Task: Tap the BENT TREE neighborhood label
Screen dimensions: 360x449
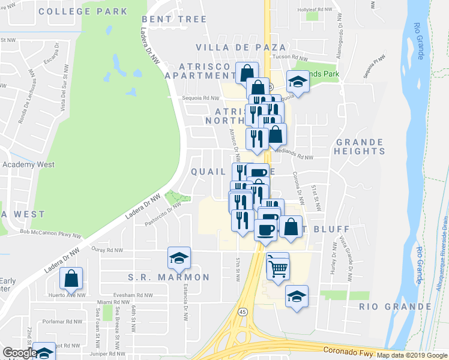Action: [x=175, y=20]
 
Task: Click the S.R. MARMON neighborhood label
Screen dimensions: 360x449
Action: [x=169, y=277]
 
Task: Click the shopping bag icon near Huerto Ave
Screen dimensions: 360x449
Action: [x=71, y=278]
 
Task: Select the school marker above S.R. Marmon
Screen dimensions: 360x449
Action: [x=179, y=258]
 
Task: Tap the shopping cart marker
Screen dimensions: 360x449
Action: [x=278, y=268]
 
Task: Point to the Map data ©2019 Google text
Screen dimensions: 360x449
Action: [x=412, y=355]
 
